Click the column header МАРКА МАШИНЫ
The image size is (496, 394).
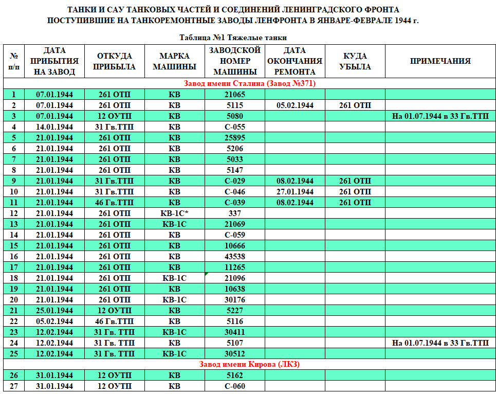click(x=174, y=61)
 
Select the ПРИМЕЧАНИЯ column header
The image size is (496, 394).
click(x=440, y=61)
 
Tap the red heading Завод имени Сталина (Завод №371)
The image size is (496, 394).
click(x=249, y=83)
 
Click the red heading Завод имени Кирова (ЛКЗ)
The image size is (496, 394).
click(x=249, y=364)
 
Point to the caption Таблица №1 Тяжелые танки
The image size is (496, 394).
click(x=233, y=38)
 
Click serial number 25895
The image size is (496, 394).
click(x=235, y=138)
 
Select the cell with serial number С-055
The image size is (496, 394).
click(x=235, y=127)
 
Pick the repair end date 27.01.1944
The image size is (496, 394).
click(x=295, y=192)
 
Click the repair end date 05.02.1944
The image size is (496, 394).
click(x=295, y=105)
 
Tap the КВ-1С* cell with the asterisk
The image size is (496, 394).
click(x=174, y=213)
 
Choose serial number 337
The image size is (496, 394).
click(x=235, y=213)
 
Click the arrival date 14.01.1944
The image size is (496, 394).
click(x=54, y=127)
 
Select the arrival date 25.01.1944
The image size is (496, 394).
click(x=54, y=311)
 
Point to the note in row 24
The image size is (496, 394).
click(x=440, y=343)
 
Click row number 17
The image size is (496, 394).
click(x=14, y=267)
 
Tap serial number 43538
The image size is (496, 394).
click(x=235, y=257)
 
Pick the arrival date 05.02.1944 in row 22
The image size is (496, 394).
click(x=54, y=321)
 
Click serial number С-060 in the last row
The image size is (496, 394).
click(x=235, y=386)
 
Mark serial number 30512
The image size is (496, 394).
click(x=235, y=354)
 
